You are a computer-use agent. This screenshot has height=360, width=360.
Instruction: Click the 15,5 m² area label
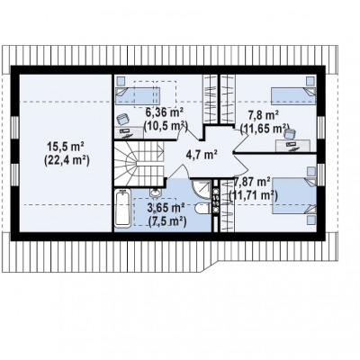(x=65, y=148)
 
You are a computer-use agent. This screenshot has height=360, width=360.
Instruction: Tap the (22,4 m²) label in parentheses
(x=67, y=161)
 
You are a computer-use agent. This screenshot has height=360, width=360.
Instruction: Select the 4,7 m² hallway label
(x=202, y=155)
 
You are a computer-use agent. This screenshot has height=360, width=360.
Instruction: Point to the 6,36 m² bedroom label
(x=165, y=113)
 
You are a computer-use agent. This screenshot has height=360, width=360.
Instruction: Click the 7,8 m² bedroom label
(x=264, y=114)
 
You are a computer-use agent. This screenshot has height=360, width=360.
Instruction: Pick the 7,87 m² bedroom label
(x=252, y=182)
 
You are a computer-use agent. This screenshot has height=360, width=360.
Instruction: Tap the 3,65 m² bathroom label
(x=166, y=208)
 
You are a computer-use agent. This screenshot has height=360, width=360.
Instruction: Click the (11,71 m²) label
(x=253, y=195)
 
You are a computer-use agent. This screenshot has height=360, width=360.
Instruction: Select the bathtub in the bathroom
(x=123, y=209)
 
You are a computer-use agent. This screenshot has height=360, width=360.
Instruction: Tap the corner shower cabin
(x=201, y=188)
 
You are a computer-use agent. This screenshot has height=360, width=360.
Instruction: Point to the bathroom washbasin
(x=156, y=192)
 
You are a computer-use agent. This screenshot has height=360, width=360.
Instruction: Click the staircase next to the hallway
(x=139, y=164)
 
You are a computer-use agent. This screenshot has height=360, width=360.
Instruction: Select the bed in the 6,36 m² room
(x=138, y=95)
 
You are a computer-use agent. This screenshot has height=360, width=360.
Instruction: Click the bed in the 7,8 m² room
(x=293, y=96)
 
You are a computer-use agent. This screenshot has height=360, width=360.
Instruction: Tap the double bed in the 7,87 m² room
(x=294, y=196)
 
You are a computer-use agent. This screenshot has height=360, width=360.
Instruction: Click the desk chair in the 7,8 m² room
(x=289, y=133)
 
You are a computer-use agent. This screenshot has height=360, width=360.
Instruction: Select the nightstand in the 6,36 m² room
(x=121, y=81)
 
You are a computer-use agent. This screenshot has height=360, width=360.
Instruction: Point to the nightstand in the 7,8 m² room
(x=311, y=81)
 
